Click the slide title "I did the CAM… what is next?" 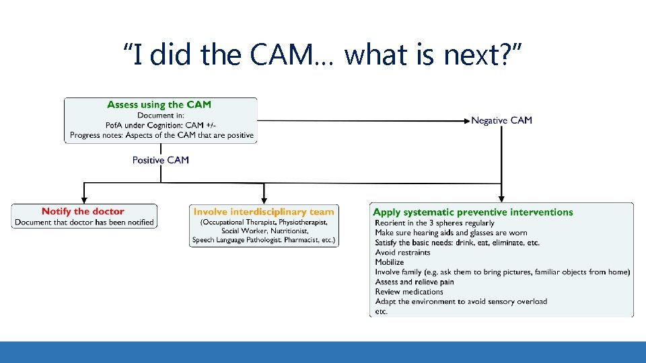point(322,54)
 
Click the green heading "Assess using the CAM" point(159,104)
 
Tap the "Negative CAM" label point(501,120)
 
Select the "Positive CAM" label point(161,160)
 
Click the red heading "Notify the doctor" point(83,212)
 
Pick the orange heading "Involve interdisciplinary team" point(264,212)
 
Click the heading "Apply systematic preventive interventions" point(472,212)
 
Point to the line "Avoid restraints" point(402,253)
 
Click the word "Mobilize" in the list point(390,262)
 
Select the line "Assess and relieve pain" point(415,282)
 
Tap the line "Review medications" point(409,292)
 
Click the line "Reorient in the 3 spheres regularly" point(434,223)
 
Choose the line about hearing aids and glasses point(451,233)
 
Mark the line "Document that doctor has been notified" point(84,223)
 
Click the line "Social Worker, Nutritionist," point(264,231)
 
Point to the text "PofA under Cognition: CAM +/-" point(161,125)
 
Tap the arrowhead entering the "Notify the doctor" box point(84,200)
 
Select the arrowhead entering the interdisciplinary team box point(263,200)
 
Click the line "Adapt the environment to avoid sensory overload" point(461,302)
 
